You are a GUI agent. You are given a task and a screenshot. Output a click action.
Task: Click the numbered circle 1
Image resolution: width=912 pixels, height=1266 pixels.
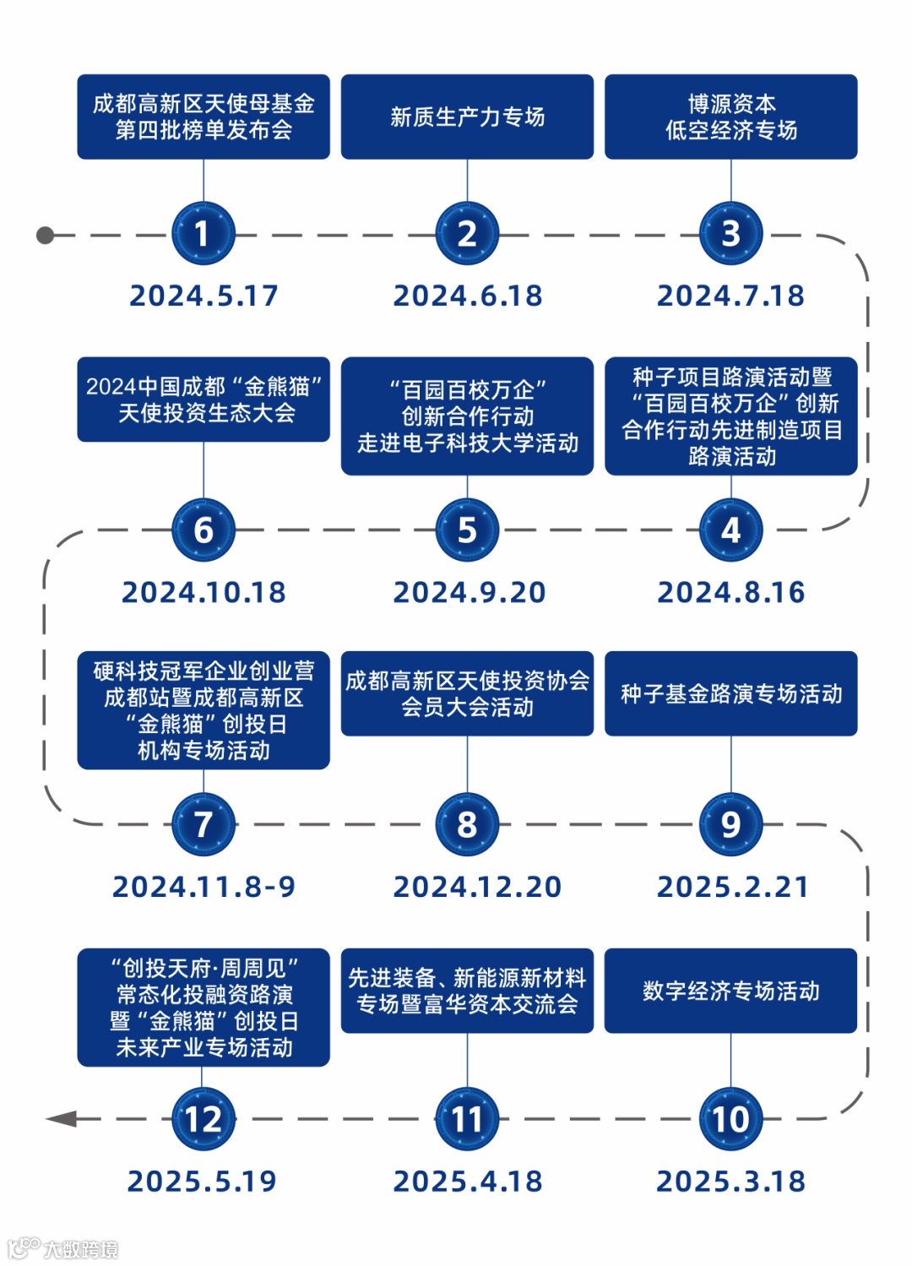click(x=203, y=234)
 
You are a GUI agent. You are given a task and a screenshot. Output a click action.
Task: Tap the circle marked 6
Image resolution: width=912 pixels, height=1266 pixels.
click(x=203, y=530)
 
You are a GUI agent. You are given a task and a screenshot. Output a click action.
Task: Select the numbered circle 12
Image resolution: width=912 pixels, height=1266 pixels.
click(x=203, y=1119)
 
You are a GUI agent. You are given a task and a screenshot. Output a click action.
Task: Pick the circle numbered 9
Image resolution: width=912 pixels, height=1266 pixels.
click(x=730, y=824)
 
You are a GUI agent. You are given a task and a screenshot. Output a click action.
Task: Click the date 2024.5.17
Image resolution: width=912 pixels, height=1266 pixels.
click(x=204, y=296)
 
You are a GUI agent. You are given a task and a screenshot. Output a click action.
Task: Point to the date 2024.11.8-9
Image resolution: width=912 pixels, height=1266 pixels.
click(x=204, y=887)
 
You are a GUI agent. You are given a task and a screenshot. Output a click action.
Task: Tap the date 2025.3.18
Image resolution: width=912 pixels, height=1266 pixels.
click(x=730, y=1181)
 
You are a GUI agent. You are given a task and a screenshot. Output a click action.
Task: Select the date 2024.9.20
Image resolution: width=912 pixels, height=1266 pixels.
click(x=469, y=592)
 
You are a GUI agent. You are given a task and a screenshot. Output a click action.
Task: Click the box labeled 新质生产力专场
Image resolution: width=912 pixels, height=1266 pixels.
click(x=467, y=117)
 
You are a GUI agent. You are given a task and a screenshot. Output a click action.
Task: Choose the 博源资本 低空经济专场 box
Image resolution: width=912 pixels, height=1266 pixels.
click(x=730, y=117)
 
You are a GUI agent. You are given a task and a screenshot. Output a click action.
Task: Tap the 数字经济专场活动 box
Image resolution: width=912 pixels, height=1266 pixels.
click(x=730, y=991)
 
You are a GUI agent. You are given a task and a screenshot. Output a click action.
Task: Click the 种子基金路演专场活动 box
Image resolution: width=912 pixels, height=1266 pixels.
click(x=730, y=693)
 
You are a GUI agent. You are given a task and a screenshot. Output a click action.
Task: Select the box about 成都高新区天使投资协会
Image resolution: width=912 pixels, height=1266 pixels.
click(x=467, y=693)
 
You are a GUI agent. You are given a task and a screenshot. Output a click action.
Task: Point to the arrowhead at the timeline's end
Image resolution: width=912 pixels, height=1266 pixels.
click(x=61, y=1119)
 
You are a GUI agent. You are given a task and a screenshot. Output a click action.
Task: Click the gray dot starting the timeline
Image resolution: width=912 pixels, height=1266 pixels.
click(x=46, y=235)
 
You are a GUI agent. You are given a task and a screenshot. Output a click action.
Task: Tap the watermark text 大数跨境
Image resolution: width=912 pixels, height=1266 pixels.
click(x=80, y=1249)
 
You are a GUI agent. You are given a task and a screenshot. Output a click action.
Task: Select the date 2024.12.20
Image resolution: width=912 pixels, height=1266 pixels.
click(x=477, y=887)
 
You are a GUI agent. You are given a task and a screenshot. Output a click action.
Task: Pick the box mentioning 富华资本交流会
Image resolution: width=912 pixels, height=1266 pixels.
click(x=467, y=991)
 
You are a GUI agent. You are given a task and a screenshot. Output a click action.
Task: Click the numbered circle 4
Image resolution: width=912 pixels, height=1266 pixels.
click(x=730, y=530)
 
